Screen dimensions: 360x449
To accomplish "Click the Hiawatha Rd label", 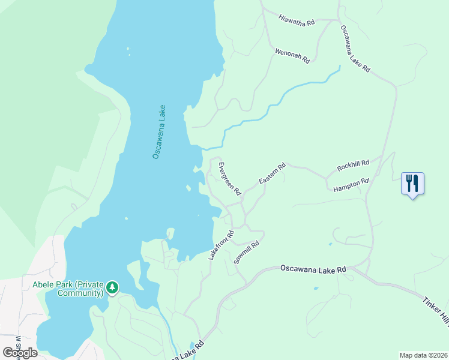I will (x=297, y=20).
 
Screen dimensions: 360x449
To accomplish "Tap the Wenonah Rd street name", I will (x=292, y=56).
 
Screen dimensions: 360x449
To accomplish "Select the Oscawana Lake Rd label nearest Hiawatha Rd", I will (x=355, y=49).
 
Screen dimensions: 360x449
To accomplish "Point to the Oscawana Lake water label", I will (x=159, y=132).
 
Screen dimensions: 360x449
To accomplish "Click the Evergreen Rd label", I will (x=229, y=179).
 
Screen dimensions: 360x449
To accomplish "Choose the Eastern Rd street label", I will (x=272, y=172).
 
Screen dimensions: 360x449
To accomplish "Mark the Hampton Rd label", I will (x=351, y=185).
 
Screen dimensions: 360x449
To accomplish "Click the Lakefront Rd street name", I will (x=220, y=245).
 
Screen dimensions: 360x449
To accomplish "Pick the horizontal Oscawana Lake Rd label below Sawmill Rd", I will (x=313, y=269).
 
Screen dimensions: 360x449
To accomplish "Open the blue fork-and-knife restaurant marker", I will (x=412, y=184).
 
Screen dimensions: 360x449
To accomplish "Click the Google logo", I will (x=20, y=352).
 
